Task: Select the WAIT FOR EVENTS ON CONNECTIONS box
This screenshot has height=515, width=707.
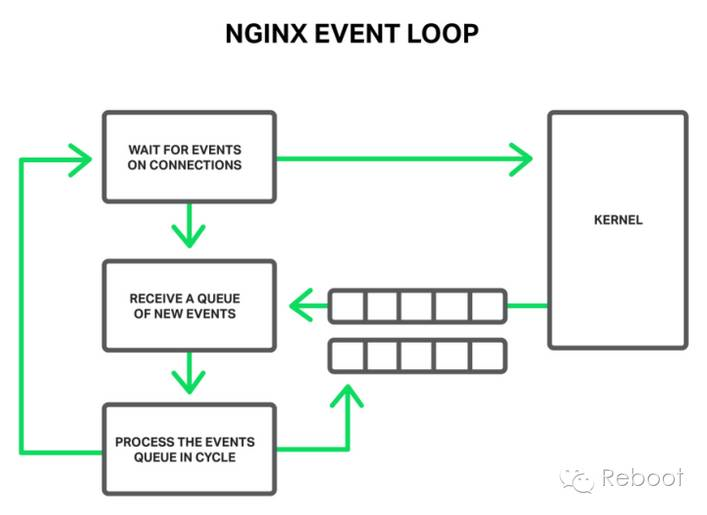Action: (189, 157)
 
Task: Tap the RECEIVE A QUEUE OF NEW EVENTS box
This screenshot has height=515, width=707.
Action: (189, 305)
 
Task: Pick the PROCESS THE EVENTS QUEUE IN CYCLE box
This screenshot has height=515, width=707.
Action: (189, 449)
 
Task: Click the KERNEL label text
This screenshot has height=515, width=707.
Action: (618, 219)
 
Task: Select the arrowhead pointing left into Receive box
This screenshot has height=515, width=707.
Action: (301, 305)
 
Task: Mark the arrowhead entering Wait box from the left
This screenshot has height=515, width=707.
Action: (79, 158)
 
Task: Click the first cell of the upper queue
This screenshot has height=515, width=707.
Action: (347, 305)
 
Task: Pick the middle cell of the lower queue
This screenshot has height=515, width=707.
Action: (418, 354)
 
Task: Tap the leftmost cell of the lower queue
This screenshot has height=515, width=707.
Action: (347, 354)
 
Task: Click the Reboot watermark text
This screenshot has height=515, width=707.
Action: (642, 478)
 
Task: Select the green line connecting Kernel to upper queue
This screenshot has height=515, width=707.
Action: (527, 305)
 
